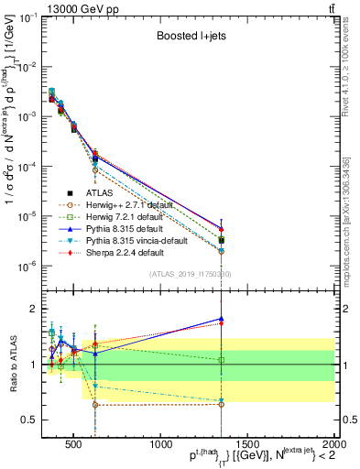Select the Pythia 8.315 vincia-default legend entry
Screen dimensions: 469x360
click(x=136, y=241)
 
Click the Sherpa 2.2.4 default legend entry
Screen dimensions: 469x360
click(x=123, y=253)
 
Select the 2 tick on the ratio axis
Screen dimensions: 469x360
click(x=35, y=309)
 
